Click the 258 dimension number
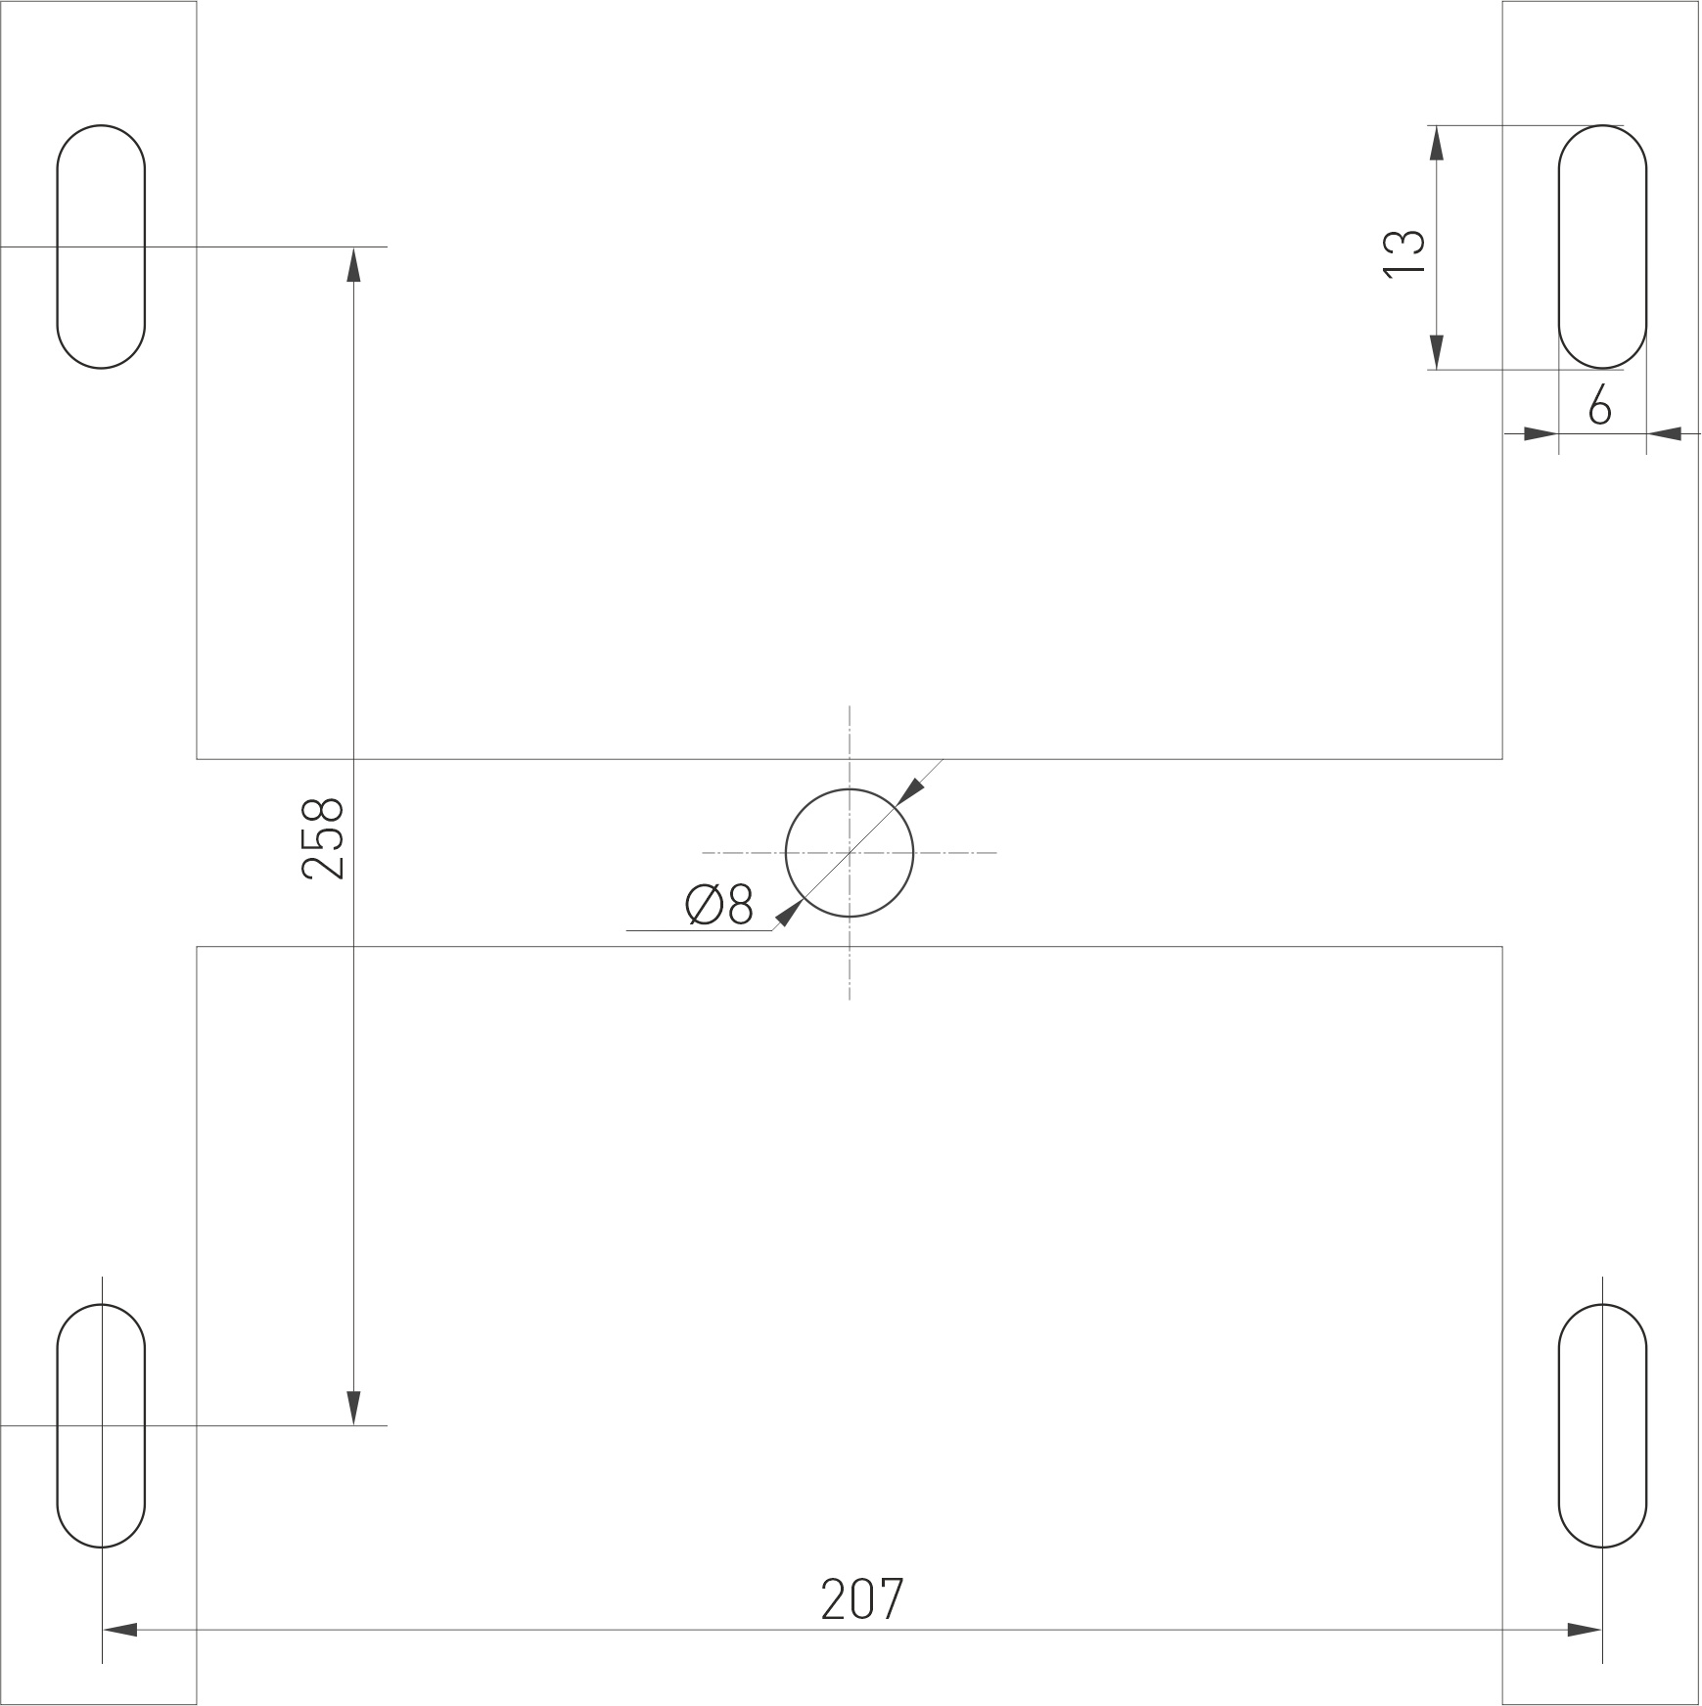tap(324, 838)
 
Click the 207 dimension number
tap(861, 1599)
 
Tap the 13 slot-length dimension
tap(1404, 253)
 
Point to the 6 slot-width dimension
tap(1599, 405)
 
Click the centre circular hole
tap(850, 853)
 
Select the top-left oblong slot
tap(101, 247)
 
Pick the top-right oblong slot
tap(1602, 247)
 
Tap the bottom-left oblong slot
tap(101, 1425)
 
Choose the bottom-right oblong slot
tap(1602, 1425)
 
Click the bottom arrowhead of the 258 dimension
tap(353, 1408)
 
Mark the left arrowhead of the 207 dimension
tap(119, 1630)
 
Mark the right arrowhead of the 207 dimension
tap(1584, 1630)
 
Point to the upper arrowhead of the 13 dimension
tap(1436, 143)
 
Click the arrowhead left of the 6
tap(1541, 433)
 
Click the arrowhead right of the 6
tap(1664, 433)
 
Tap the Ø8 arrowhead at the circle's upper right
tap(909, 791)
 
